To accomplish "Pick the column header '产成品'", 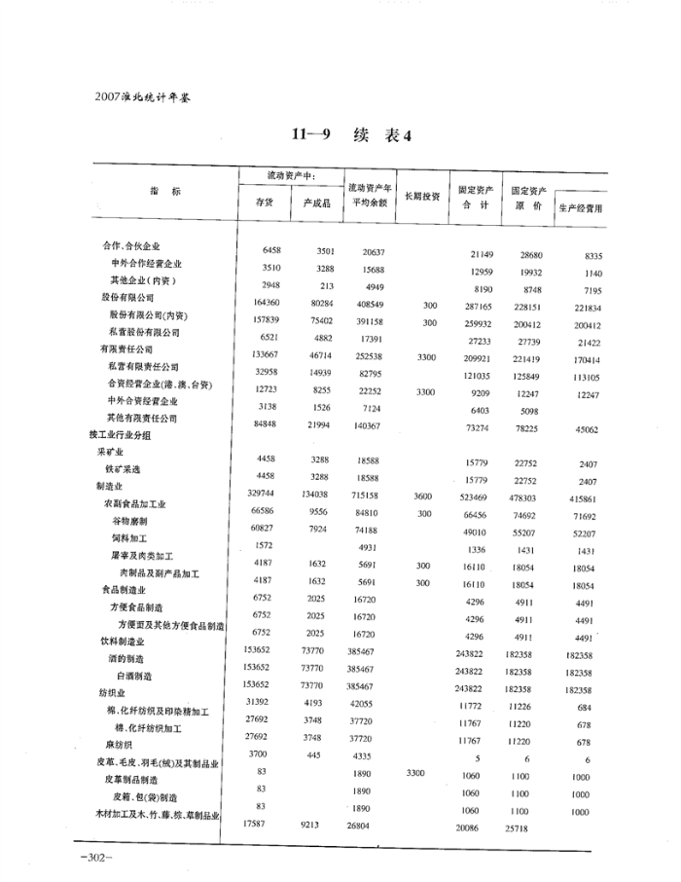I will tap(317, 202).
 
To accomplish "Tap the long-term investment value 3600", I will tap(423, 496).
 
